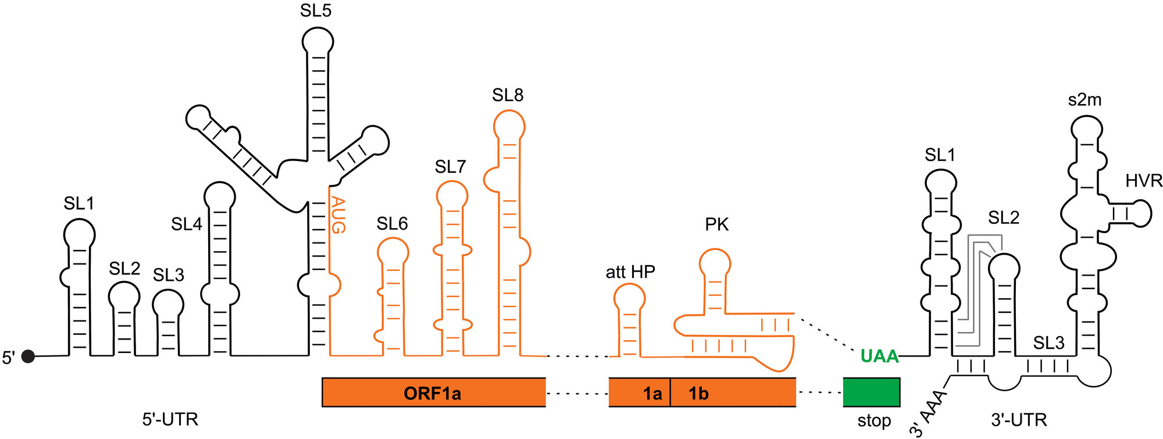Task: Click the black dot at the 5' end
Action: click(28, 356)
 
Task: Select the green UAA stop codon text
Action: click(879, 356)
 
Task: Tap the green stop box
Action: click(871, 392)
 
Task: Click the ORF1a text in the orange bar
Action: click(432, 394)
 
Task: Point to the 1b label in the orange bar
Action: click(698, 394)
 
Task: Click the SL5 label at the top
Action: click(316, 10)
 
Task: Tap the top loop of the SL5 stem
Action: click(318, 41)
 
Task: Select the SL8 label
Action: click(507, 95)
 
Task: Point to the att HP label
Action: click(630, 272)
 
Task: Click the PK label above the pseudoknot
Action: click(716, 224)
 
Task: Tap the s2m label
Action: click(1084, 100)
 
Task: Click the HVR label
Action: click(1143, 181)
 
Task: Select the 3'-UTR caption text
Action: click(1019, 419)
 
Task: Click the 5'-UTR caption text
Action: click(170, 419)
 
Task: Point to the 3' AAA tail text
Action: click(928, 413)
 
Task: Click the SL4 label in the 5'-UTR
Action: click(186, 224)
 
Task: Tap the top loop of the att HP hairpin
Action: click(629, 298)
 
